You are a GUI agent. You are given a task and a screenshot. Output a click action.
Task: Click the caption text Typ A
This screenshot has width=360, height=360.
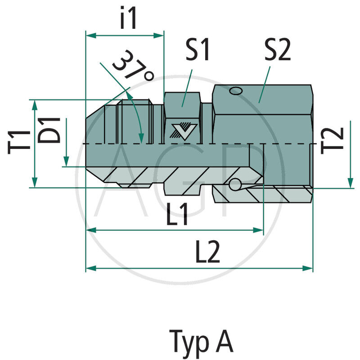click(x=201, y=342)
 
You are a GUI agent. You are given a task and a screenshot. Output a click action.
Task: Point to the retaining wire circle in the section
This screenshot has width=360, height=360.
click(x=235, y=184)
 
